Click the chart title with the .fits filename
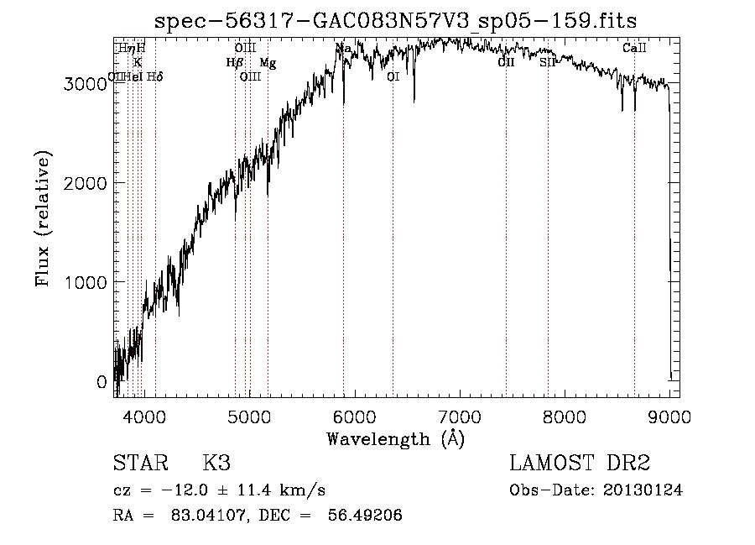coord(396,21)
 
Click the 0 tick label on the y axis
coord(102,382)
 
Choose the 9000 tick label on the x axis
coord(669,415)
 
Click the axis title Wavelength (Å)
coord(395,438)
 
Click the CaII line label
coord(634,49)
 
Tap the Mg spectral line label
coord(267,62)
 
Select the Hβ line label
coord(234,62)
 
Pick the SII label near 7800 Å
coord(547,62)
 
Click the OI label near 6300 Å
coord(393,76)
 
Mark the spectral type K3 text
coord(216,464)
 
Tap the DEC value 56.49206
coord(368,516)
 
